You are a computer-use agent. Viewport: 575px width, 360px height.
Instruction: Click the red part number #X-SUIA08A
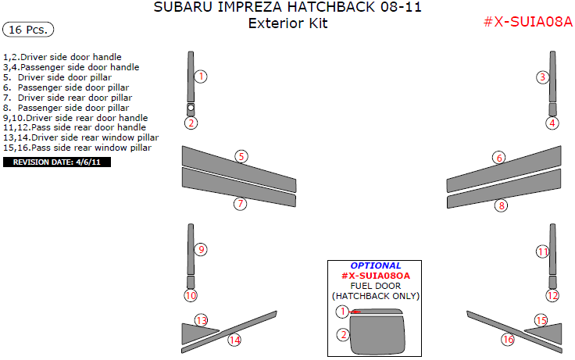[x=527, y=22]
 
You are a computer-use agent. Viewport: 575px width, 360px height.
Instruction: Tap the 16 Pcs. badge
[x=28, y=30]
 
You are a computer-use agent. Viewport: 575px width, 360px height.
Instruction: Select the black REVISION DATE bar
[x=57, y=162]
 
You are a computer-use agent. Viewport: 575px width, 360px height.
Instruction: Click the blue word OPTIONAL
[x=376, y=266]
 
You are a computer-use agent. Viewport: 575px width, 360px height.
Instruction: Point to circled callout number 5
[x=241, y=156]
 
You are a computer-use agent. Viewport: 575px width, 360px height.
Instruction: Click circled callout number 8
[x=502, y=205]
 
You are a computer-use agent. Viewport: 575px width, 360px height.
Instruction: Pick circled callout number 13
[x=201, y=320]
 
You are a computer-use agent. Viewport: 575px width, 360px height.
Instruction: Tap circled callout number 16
[x=508, y=340]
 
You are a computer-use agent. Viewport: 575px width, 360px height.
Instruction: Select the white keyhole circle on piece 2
[x=191, y=108]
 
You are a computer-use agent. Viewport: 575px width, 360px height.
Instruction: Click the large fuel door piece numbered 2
[x=377, y=334]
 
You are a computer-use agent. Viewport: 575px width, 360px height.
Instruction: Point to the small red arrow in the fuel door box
[x=355, y=312]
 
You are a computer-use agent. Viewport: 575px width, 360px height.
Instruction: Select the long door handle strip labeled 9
[x=191, y=249]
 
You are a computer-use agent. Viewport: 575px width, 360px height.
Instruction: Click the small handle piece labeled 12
[x=552, y=283]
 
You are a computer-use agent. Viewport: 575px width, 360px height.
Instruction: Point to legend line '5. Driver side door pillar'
[x=57, y=77]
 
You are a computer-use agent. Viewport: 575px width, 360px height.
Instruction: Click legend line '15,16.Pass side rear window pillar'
[x=77, y=148]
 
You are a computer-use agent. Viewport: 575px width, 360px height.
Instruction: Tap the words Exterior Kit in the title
[x=287, y=23]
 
